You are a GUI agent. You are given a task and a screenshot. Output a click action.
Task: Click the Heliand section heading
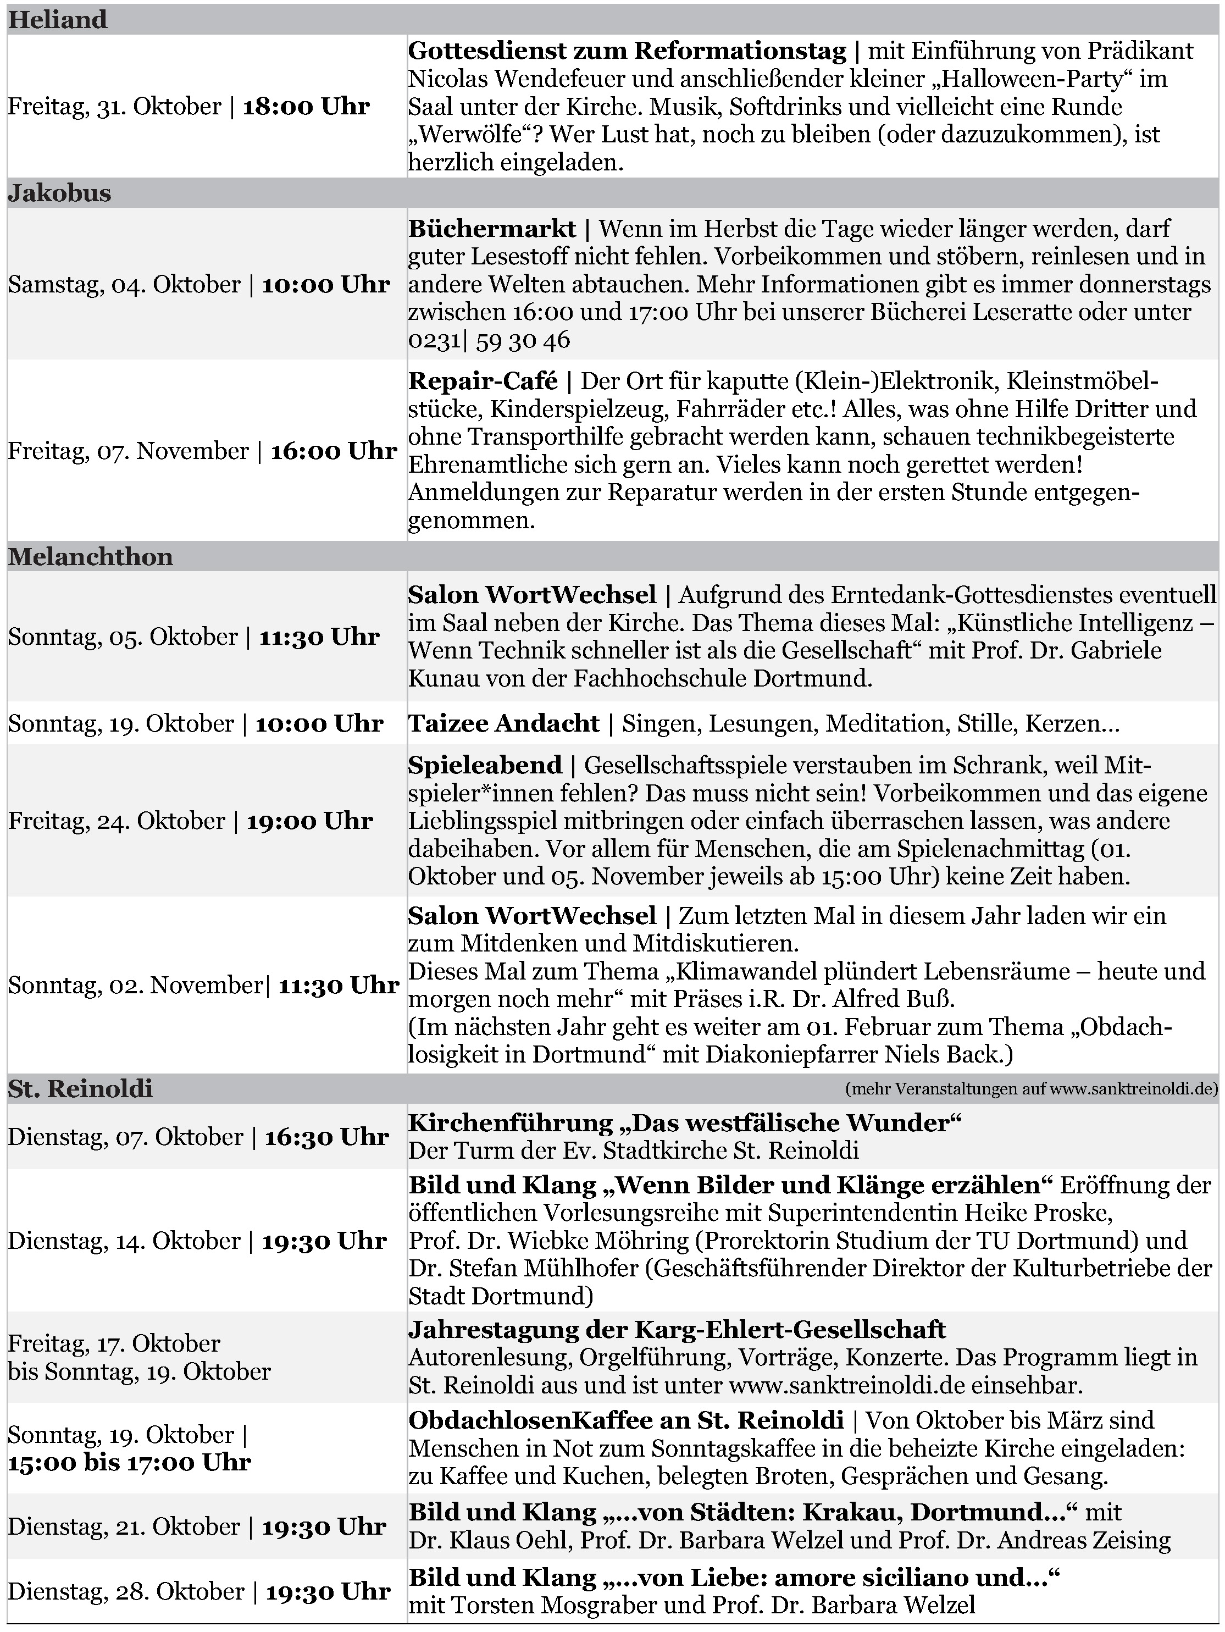pyautogui.click(x=58, y=19)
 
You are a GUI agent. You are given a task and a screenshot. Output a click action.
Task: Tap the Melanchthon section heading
pyautogui.click(x=90, y=556)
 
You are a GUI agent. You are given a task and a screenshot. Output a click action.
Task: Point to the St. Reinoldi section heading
pyautogui.click(x=80, y=1089)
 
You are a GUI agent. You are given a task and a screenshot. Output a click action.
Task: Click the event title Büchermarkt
pyautogui.click(x=492, y=229)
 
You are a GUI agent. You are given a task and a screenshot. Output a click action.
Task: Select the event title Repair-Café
pyautogui.click(x=483, y=381)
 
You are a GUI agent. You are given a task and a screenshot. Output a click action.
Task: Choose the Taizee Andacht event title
pyautogui.click(x=504, y=723)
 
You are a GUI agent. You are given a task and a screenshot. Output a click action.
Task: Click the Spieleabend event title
pyautogui.click(x=485, y=765)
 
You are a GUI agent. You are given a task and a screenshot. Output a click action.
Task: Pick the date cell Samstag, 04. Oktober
pyautogui.click(x=124, y=285)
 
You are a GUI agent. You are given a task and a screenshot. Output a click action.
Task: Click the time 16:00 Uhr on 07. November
pyautogui.click(x=334, y=451)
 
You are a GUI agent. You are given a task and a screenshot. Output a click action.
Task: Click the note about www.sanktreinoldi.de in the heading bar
pyautogui.click(x=1031, y=1089)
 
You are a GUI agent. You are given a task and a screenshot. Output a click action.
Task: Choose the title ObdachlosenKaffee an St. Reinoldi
pyautogui.click(x=626, y=1420)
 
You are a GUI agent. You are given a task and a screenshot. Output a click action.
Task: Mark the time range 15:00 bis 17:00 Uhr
pyautogui.click(x=129, y=1462)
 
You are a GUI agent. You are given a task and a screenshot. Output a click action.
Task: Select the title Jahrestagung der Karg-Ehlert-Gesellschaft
pyautogui.click(x=677, y=1330)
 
